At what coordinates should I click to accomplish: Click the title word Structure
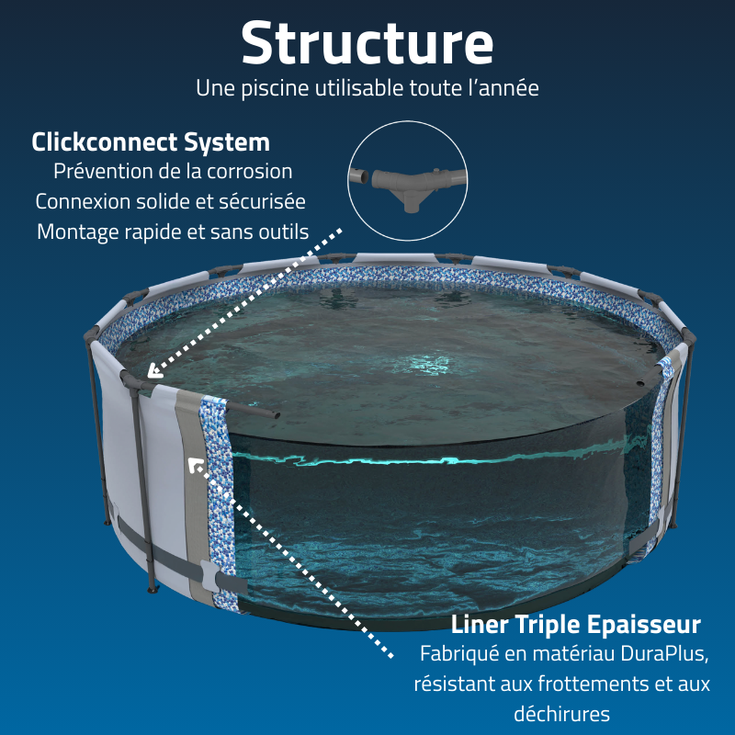pos(367,42)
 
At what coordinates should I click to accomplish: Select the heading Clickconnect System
pos(151,142)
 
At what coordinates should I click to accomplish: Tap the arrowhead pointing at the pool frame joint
pos(154,371)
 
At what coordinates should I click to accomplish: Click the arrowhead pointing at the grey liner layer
pos(195,465)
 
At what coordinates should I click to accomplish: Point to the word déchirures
pos(561,714)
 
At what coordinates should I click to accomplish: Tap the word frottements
pos(594,684)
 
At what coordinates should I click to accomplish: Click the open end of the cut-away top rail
pos(276,414)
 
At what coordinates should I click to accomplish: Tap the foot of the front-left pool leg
pos(152,589)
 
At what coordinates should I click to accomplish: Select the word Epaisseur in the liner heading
pos(644,625)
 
